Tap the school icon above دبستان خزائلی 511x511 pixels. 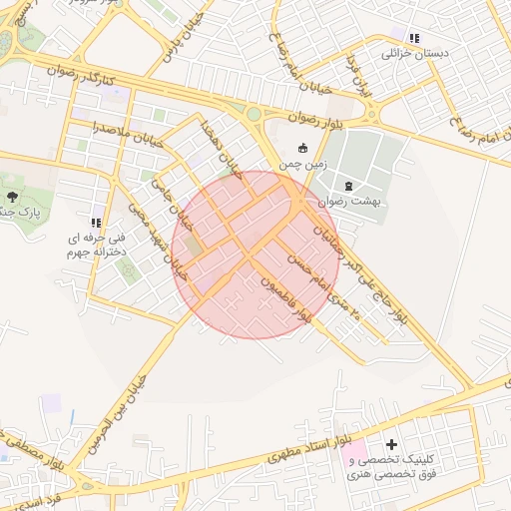pyautogui.click(x=413, y=37)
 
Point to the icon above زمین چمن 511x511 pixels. pyautogui.click(x=303, y=146)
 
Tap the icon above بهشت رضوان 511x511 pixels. pyautogui.click(x=348, y=186)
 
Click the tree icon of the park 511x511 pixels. pyautogui.click(x=12, y=198)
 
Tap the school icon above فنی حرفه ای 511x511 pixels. pyautogui.click(x=96, y=223)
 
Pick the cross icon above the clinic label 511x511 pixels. pyautogui.click(x=390, y=443)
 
